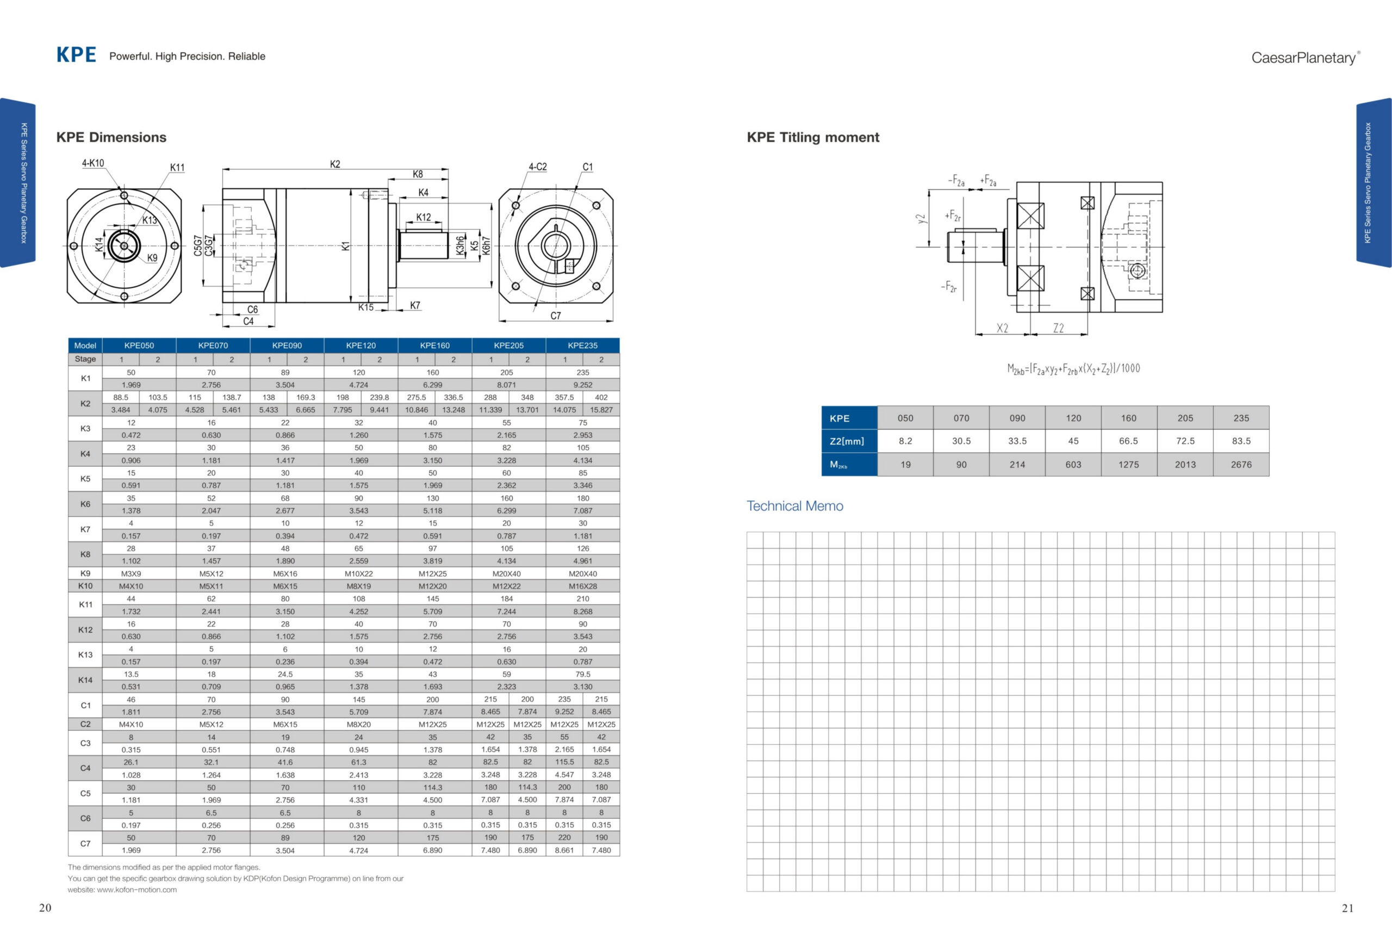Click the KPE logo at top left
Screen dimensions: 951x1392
click(x=76, y=54)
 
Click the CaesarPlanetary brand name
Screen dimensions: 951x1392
click(x=1304, y=58)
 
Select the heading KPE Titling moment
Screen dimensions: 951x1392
click(x=812, y=137)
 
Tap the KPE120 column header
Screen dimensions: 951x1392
click(x=361, y=345)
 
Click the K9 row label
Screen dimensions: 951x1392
click(x=85, y=573)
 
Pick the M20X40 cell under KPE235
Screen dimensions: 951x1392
click(x=582, y=573)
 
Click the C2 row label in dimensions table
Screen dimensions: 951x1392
click(x=85, y=724)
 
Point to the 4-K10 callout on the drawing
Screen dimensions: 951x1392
click(x=93, y=163)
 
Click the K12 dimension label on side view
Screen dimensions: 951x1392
click(x=423, y=218)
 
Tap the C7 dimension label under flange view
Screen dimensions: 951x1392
click(x=555, y=316)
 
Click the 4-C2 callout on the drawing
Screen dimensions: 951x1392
click(x=537, y=167)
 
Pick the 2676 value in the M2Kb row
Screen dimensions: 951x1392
click(x=1240, y=465)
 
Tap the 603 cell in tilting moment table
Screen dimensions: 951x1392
click(x=1073, y=465)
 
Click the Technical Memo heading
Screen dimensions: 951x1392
click(x=794, y=506)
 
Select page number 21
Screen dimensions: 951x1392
click(x=1347, y=908)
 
